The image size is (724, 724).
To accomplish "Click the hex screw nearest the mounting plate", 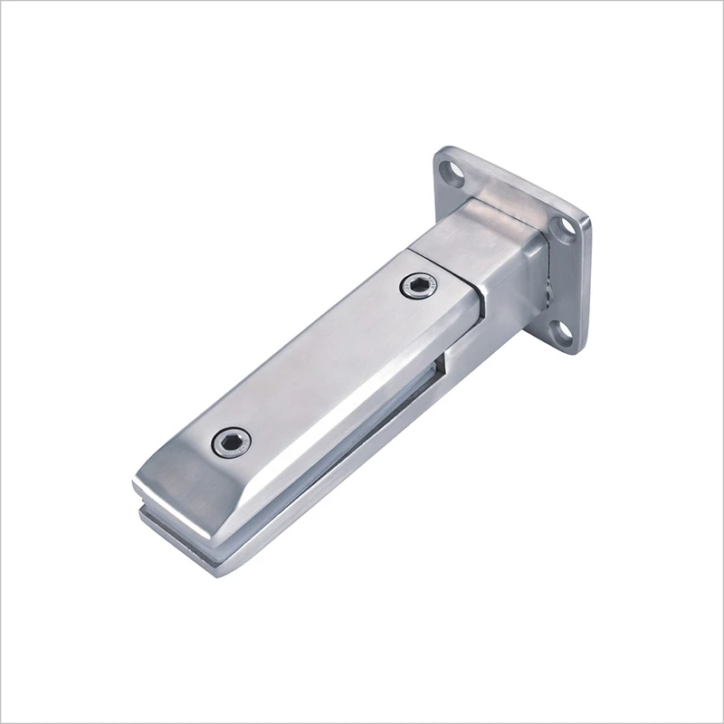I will tap(416, 287).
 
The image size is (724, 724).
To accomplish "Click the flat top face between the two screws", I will tap(326, 362).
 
